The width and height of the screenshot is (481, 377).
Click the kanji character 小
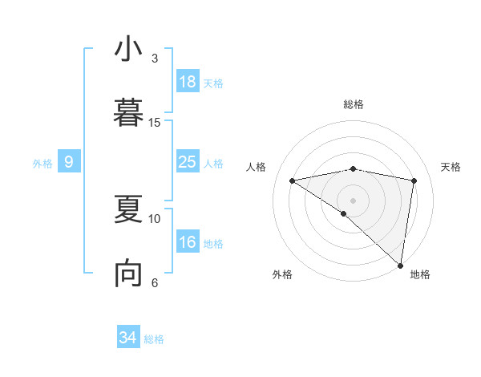tap(128, 50)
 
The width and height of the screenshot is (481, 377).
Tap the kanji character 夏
tap(128, 211)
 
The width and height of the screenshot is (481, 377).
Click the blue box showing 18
tap(188, 82)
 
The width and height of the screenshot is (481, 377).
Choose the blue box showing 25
tap(188, 162)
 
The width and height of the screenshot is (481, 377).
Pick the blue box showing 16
tap(188, 242)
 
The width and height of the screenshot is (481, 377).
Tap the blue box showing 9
tap(69, 162)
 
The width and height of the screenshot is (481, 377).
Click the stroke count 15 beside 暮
tap(155, 122)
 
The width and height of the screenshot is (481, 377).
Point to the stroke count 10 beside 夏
tap(155, 218)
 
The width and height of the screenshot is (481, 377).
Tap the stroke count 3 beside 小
tap(155, 58)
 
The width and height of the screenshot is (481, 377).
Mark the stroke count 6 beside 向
tap(155, 282)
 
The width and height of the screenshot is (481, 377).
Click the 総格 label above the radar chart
tap(354, 104)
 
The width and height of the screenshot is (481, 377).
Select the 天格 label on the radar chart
tap(451, 167)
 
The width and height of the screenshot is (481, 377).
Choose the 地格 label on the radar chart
tap(420, 274)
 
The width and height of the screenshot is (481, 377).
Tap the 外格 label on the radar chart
tap(282, 274)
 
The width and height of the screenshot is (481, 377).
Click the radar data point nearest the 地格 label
tap(400, 265)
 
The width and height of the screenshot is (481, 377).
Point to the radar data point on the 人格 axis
tap(293, 180)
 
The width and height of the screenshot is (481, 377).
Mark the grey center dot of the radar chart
tap(353, 200)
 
